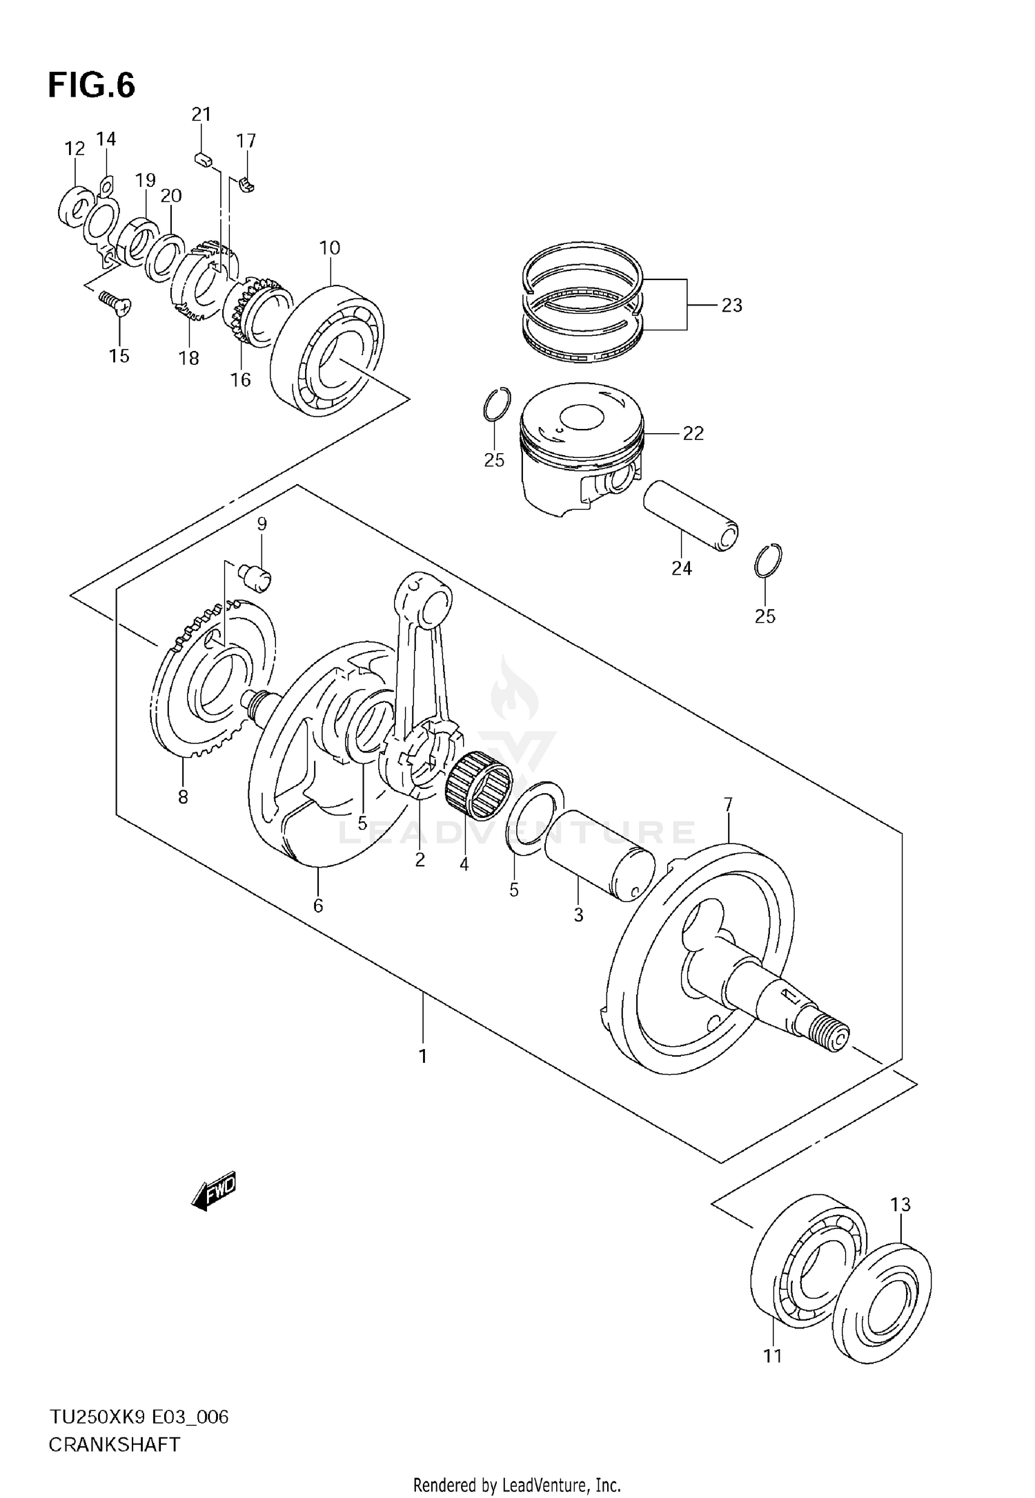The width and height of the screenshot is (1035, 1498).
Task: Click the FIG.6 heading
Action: click(92, 86)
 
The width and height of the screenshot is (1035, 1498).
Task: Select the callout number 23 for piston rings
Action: click(731, 305)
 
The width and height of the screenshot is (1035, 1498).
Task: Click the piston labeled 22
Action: click(581, 448)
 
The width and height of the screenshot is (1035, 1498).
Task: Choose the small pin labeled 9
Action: click(257, 576)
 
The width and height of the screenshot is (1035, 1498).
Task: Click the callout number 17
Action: click(246, 141)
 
